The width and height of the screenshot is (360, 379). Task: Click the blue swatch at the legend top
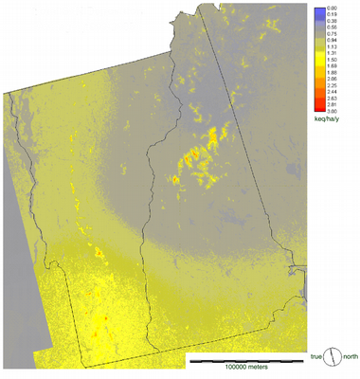click(319, 9)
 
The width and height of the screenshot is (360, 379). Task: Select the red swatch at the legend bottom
click(319, 114)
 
